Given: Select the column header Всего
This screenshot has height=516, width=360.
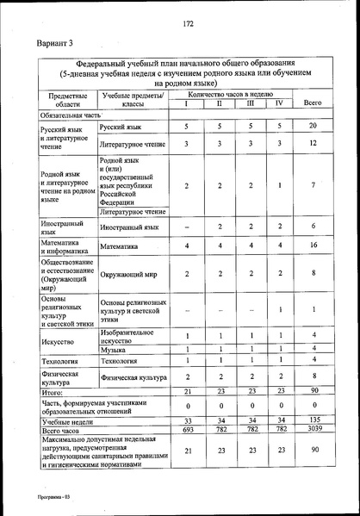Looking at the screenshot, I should [x=313, y=103].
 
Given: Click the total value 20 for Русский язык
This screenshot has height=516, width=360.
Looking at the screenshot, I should [x=314, y=127].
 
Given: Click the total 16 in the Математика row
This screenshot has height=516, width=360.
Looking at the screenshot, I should [x=314, y=246].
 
